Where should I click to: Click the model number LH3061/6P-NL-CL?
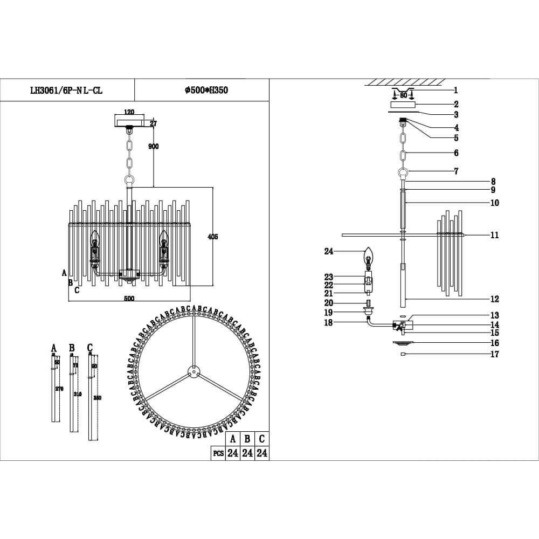pos(66,91)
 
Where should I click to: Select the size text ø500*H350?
pos(206,91)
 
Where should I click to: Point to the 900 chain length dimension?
pos(153,147)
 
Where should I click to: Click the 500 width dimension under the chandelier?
pos(129,299)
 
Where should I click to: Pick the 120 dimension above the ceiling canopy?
pos(129,112)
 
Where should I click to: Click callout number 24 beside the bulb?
pos(329,251)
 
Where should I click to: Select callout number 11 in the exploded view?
pos(495,235)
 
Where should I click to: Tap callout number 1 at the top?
pos(455,91)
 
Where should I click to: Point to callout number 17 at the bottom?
pos(495,354)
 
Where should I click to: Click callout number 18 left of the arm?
pos(329,322)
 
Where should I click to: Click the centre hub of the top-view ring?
pos(192,371)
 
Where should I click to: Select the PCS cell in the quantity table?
pos(218,453)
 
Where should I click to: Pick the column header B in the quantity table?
pos(247,439)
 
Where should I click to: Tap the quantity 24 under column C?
pos(261,453)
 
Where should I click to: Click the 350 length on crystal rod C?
pos(97,398)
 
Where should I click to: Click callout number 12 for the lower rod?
pos(495,299)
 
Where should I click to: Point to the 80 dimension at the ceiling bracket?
pos(403,95)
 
